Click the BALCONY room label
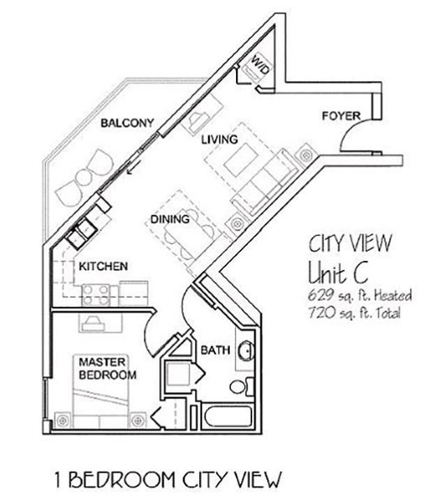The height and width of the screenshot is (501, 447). pyautogui.click(x=126, y=123)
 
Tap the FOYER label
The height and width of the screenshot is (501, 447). pyautogui.click(x=341, y=115)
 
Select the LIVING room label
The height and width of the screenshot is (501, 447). pyautogui.click(x=219, y=140)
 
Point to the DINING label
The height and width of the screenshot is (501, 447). pyautogui.click(x=170, y=219)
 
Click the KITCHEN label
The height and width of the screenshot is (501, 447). pyautogui.click(x=103, y=267)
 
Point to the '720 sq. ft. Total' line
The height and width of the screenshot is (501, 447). pyautogui.click(x=353, y=313)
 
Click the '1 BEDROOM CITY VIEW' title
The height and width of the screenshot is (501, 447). pyautogui.click(x=168, y=479)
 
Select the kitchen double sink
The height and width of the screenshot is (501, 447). pyautogui.click(x=82, y=230)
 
